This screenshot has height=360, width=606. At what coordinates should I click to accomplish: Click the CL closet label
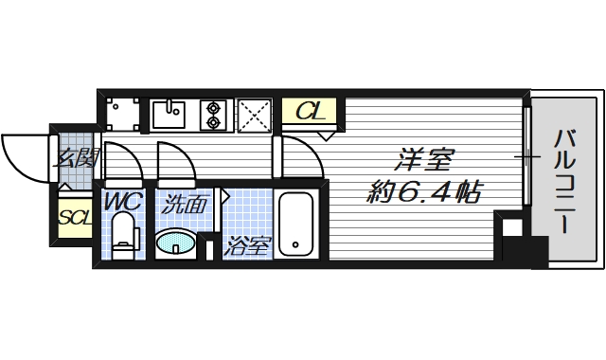[311, 111]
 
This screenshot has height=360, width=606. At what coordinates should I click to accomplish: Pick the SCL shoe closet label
[75, 217]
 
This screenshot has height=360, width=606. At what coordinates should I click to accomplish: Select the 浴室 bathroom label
[247, 247]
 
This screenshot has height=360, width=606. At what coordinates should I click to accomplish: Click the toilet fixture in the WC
[123, 237]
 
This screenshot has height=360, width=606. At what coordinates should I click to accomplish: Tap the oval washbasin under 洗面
[176, 244]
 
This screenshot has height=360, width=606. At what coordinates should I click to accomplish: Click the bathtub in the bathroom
[296, 225]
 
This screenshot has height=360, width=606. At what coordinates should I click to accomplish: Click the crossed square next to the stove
[254, 114]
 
